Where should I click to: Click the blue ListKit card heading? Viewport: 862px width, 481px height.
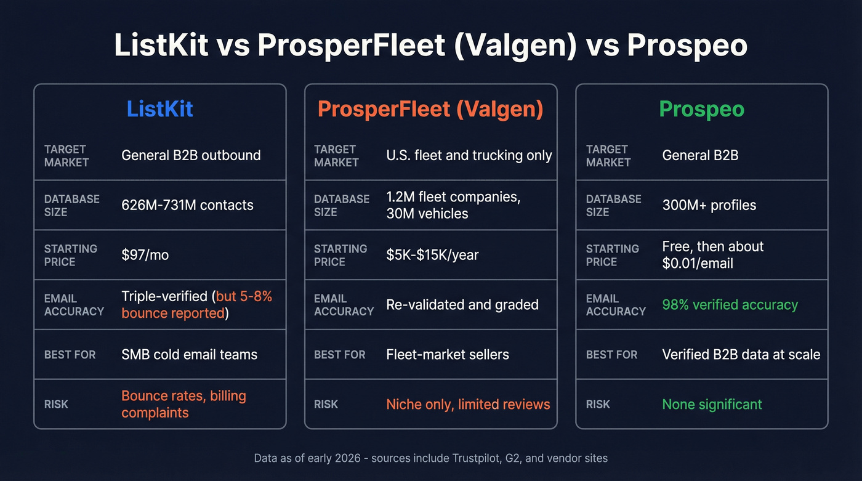pyautogui.click(x=160, y=109)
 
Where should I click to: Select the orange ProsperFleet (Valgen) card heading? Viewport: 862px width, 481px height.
pyautogui.click(x=430, y=109)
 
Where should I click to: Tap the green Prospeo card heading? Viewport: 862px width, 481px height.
pyautogui.click(x=701, y=109)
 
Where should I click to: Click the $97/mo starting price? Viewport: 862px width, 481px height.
pyautogui.click(x=145, y=255)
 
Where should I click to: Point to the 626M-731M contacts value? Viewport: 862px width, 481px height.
pyautogui.click(x=187, y=205)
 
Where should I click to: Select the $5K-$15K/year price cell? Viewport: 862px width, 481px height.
pyautogui.click(x=432, y=255)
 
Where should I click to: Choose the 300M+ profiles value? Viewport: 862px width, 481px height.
pyautogui.click(x=709, y=205)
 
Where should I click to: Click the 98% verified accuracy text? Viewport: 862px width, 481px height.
pyautogui.click(x=730, y=305)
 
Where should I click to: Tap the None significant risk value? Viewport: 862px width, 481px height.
pyautogui.click(x=712, y=405)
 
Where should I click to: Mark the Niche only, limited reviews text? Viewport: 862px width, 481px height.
pyautogui.click(x=468, y=405)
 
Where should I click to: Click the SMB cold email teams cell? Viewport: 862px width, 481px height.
pyautogui.click(x=189, y=355)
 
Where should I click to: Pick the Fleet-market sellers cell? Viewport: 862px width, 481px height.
pyautogui.click(x=448, y=355)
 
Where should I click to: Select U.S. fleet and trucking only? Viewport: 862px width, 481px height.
pyautogui.click(x=469, y=155)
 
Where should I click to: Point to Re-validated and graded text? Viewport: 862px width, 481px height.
pyautogui.click(x=462, y=305)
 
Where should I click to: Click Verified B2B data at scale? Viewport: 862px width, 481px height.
pyautogui.click(x=741, y=355)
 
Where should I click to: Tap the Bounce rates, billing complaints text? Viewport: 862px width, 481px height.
pyautogui.click(x=183, y=404)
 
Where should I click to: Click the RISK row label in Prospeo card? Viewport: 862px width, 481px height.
pyautogui.click(x=598, y=405)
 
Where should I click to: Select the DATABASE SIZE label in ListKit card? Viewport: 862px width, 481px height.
pyautogui.click(x=71, y=206)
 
